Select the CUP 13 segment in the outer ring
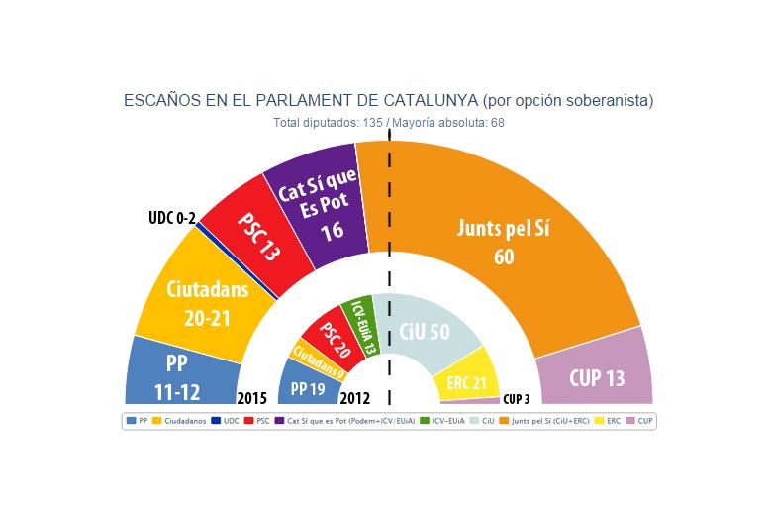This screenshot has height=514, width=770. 597,377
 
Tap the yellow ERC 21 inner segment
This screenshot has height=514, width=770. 466,381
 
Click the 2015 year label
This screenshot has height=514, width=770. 252,399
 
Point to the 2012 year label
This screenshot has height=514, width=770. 354,399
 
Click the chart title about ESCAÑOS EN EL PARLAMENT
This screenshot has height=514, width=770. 388,101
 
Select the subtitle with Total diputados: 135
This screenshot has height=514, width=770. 389,123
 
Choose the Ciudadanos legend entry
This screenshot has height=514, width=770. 183,421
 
